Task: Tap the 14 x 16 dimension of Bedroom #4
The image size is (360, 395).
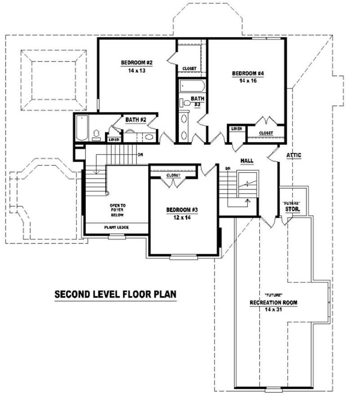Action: coord(247,81)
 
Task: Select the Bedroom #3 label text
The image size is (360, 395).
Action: coord(182,210)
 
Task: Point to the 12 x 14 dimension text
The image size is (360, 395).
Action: coord(182,217)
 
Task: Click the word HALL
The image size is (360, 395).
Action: coord(247,160)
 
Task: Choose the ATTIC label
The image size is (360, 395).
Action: coord(294,155)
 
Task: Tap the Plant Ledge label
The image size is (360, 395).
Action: coord(117,227)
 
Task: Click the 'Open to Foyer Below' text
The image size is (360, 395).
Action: coord(117,210)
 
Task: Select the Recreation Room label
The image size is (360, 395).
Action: coord(274,302)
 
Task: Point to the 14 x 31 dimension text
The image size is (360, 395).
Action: coord(274,310)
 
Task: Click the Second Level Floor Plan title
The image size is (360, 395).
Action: coord(115,295)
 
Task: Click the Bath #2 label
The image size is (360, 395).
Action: coord(137,120)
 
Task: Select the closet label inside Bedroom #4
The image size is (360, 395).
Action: coord(266,133)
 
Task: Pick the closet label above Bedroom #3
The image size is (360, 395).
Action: coord(173,175)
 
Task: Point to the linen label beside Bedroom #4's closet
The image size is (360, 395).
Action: coord(237,129)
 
